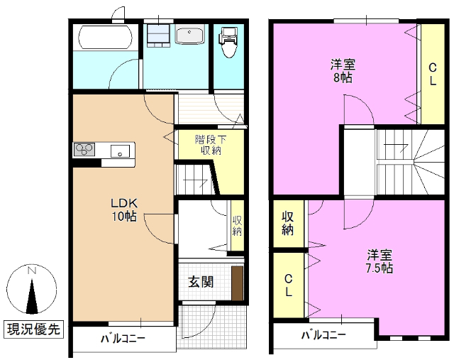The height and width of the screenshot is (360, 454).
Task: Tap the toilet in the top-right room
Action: tap(228, 43)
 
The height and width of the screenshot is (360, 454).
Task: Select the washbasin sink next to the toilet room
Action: tap(190, 36)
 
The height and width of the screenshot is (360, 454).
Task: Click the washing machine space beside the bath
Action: tap(158, 34)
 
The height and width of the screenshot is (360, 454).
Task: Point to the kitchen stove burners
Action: tap(85, 149)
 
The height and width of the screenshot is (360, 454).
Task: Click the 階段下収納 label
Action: tap(210, 144)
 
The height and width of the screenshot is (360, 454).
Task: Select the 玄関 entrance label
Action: tap(200, 282)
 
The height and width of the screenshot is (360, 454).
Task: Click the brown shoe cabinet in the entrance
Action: tap(237, 282)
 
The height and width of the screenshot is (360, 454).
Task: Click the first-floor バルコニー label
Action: tap(123, 339)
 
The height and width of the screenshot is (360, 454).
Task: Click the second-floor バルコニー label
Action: tap(323, 335)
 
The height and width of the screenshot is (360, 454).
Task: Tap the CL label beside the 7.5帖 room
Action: tap(289, 285)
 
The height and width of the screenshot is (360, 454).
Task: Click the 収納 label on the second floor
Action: tap(288, 222)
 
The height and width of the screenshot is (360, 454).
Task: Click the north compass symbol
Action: tap(32, 291)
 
